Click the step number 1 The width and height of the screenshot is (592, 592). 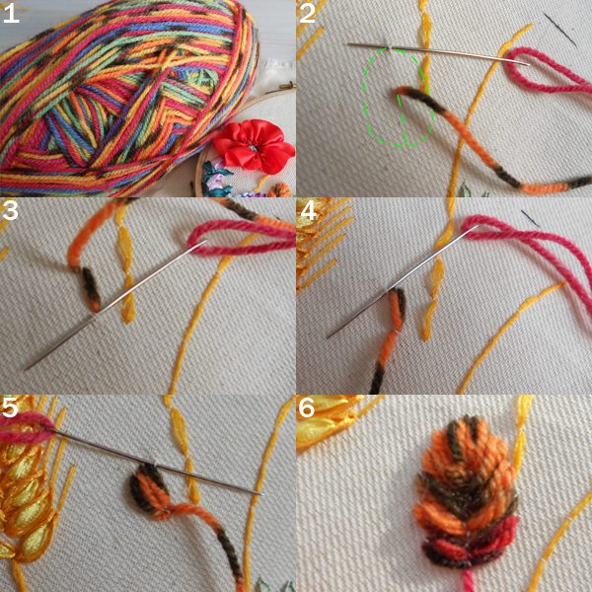pyautogui.click(x=11, y=14)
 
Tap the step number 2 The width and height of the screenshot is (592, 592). pyautogui.click(x=307, y=14)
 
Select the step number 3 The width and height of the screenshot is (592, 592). pyautogui.click(x=10, y=211)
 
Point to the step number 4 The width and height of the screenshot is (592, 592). pyautogui.click(x=309, y=211)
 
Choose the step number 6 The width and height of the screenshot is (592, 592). pyautogui.click(x=306, y=407)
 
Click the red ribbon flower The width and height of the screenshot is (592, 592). pyautogui.click(x=254, y=145)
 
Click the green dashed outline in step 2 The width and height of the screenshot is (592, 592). pyautogui.click(x=365, y=98)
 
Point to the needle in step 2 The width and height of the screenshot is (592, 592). pyautogui.click(x=438, y=54)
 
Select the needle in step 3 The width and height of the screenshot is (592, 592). pyautogui.click(x=115, y=304)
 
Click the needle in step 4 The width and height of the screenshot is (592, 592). pyautogui.click(x=403, y=281)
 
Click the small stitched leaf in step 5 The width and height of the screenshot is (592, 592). pyautogui.click(x=149, y=489)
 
